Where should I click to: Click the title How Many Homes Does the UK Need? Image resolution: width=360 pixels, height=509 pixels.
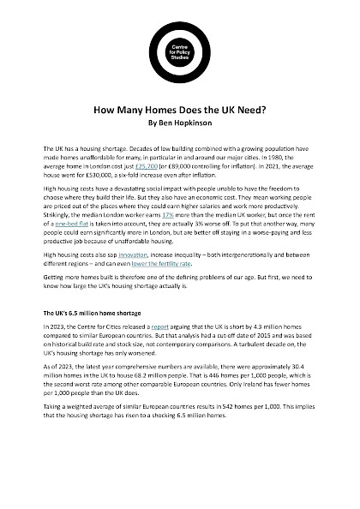[x=179, y=111]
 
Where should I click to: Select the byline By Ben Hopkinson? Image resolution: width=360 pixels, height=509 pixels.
[x=179, y=123]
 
